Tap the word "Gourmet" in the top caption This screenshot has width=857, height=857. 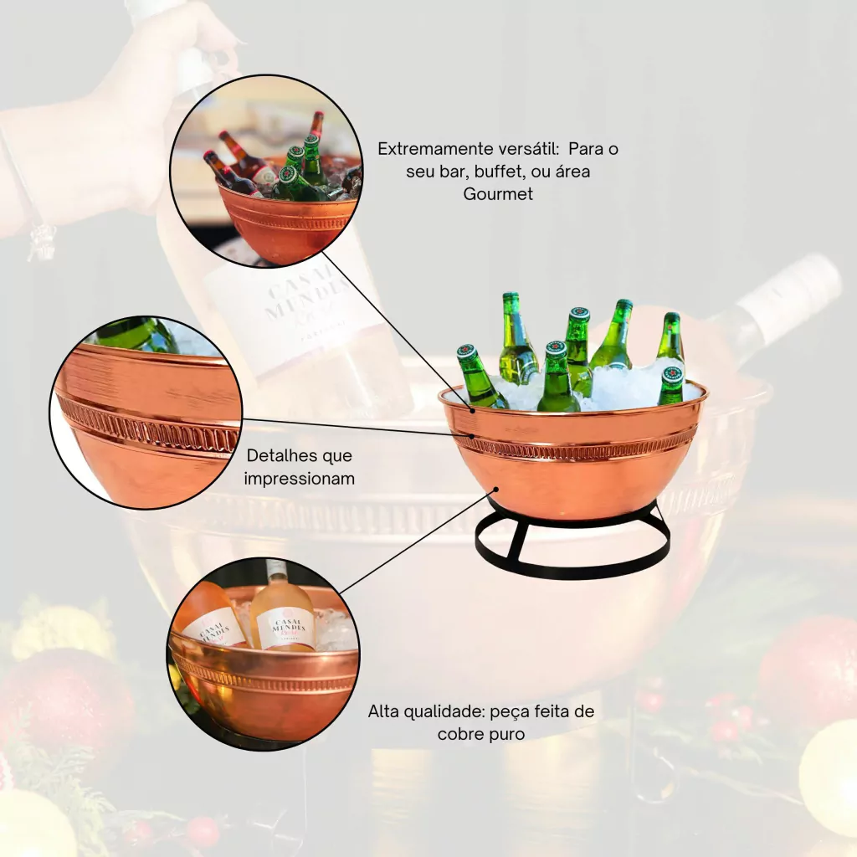pos(498,194)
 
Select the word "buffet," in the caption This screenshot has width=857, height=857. pos(498,172)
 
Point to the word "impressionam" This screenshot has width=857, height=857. pos(300,479)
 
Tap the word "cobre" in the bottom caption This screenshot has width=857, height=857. pos(461,734)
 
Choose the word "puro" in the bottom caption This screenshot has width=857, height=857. pos(507,735)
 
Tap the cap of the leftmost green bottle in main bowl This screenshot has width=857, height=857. pos(467,351)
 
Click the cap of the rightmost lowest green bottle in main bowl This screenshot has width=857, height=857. pos(672,374)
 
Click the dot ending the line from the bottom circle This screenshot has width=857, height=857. pos(496,489)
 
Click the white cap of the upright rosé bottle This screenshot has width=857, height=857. pos(277,570)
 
